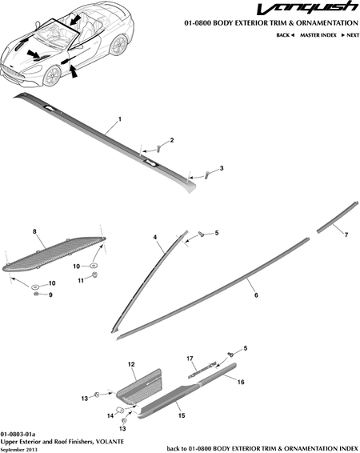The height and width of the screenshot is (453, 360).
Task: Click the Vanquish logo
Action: [x=307, y=8]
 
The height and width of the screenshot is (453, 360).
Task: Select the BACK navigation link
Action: [x=286, y=35]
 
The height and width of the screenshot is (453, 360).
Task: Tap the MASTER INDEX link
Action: [x=318, y=35]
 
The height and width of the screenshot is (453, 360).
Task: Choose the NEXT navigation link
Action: [x=350, y=35]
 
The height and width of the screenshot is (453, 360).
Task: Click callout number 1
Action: [x=120, y=119]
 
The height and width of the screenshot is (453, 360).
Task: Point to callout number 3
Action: [x=222, y=168]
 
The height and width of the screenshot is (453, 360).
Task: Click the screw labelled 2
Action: [x=158, y=149]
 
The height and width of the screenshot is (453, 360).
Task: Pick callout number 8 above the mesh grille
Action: [x=34, y=231]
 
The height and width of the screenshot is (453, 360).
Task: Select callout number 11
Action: [x=81, y=280]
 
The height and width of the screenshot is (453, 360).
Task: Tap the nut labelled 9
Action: [x=36, y=294]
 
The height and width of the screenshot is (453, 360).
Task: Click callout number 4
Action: [x=155, y=237]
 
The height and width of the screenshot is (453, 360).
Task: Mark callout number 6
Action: [x=256, y=295]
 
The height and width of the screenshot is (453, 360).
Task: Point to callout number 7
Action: [x=346, y=235]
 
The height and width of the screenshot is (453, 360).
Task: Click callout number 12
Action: [x=131, y=364]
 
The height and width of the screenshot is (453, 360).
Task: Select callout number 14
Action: [x=110, y=415]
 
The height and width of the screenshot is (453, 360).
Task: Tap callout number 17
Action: [x=190, y=359]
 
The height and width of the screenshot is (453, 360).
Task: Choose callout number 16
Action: [x=241, y=382]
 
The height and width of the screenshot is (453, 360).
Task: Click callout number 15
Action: [x=182, y=415]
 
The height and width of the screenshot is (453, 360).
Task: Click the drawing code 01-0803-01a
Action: [x=18, y=435]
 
